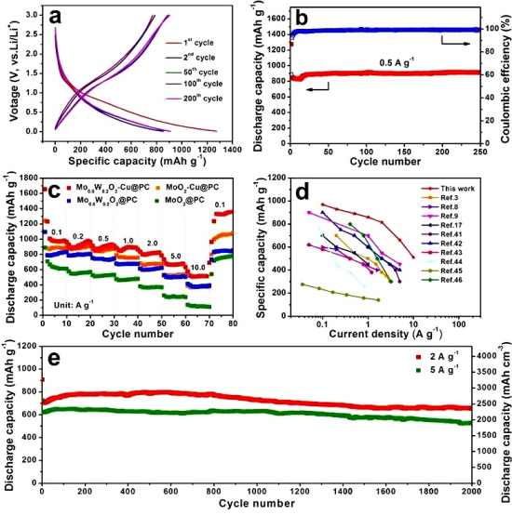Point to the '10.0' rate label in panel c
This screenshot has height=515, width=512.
coord(197,267)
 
